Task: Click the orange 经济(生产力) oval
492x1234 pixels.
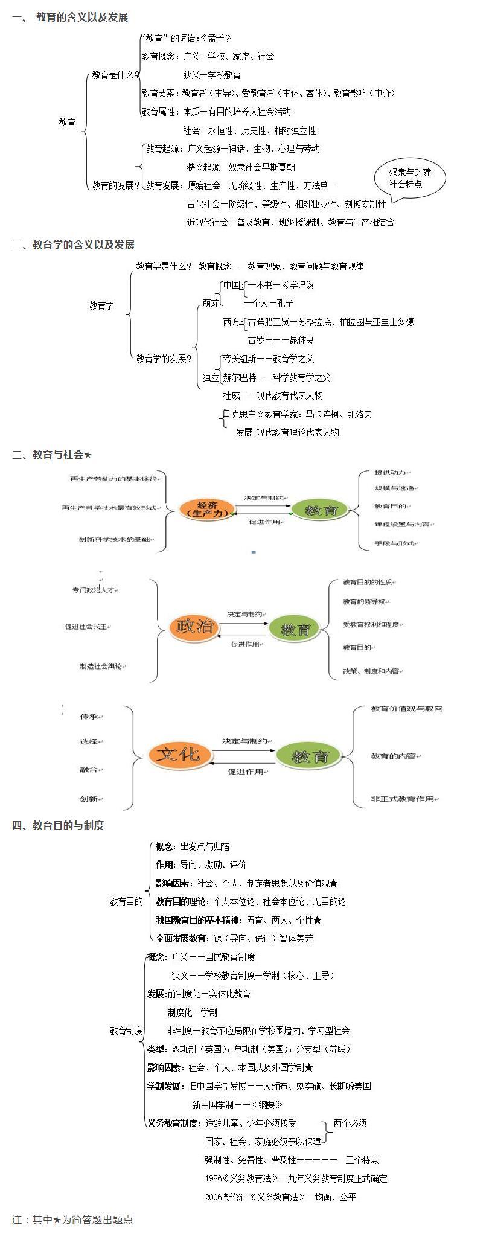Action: (x=205, y=508)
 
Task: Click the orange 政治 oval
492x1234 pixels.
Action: (x=194, y=626)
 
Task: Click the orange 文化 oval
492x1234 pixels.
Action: (x=179, y=754)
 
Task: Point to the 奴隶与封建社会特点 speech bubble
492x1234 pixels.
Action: (x=410, y=179)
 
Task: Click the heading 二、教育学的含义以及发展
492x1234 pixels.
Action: (x=73, y=245)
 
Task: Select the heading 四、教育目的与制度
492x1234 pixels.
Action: (x=58, y=825)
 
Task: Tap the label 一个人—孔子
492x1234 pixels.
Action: (x=269, y=303)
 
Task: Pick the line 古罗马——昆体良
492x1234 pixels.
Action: (x=281, y=340)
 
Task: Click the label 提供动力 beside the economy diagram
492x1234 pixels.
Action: (x=391, y=472)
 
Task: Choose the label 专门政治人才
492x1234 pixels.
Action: (x=93, y=589)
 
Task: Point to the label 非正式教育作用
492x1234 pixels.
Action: (x=403, y=798)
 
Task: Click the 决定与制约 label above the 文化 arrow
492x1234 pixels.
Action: (x=244, y=740)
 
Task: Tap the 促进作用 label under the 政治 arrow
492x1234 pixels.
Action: (x=245, y=644)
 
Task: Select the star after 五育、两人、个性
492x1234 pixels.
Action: (x=318, y=920)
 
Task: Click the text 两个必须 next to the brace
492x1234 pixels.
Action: (x=350, y=1123)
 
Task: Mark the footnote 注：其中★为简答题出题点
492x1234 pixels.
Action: (x=72, y=1220)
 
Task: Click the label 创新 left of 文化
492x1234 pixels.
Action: (x=89, y=798)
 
